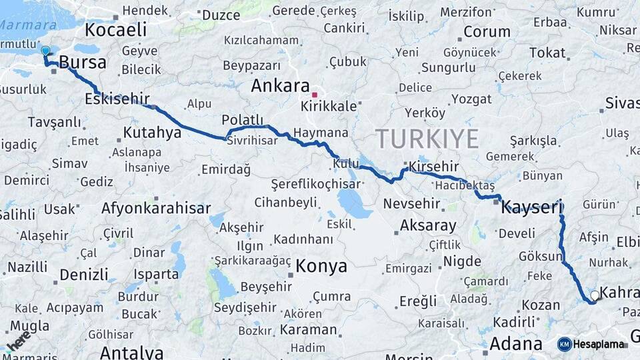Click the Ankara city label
280,86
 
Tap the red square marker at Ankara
314,95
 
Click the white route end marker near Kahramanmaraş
595,295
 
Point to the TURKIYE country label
427,139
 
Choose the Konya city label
321,266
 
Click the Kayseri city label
532,207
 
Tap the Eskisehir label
117,99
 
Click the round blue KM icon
565,344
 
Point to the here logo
17,340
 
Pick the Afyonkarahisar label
156,208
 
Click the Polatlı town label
243,119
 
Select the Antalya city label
131,352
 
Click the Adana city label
515,344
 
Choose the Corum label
487,31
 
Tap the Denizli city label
83,275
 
